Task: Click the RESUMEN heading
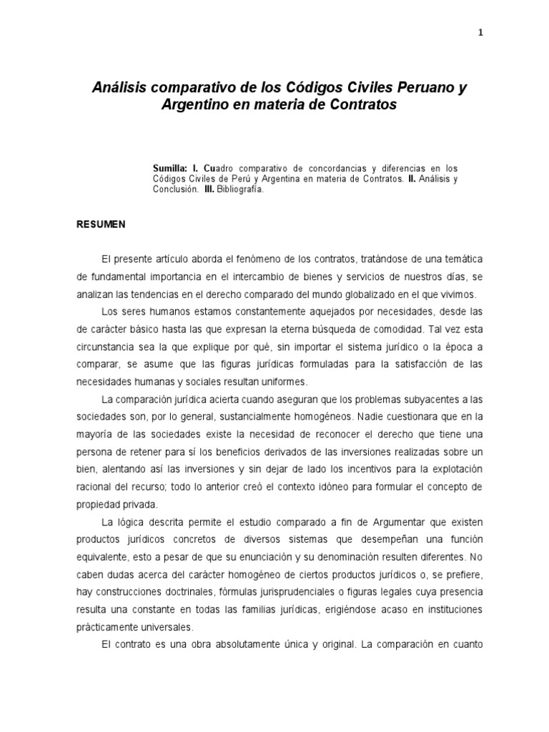click(x=101, y=224)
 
